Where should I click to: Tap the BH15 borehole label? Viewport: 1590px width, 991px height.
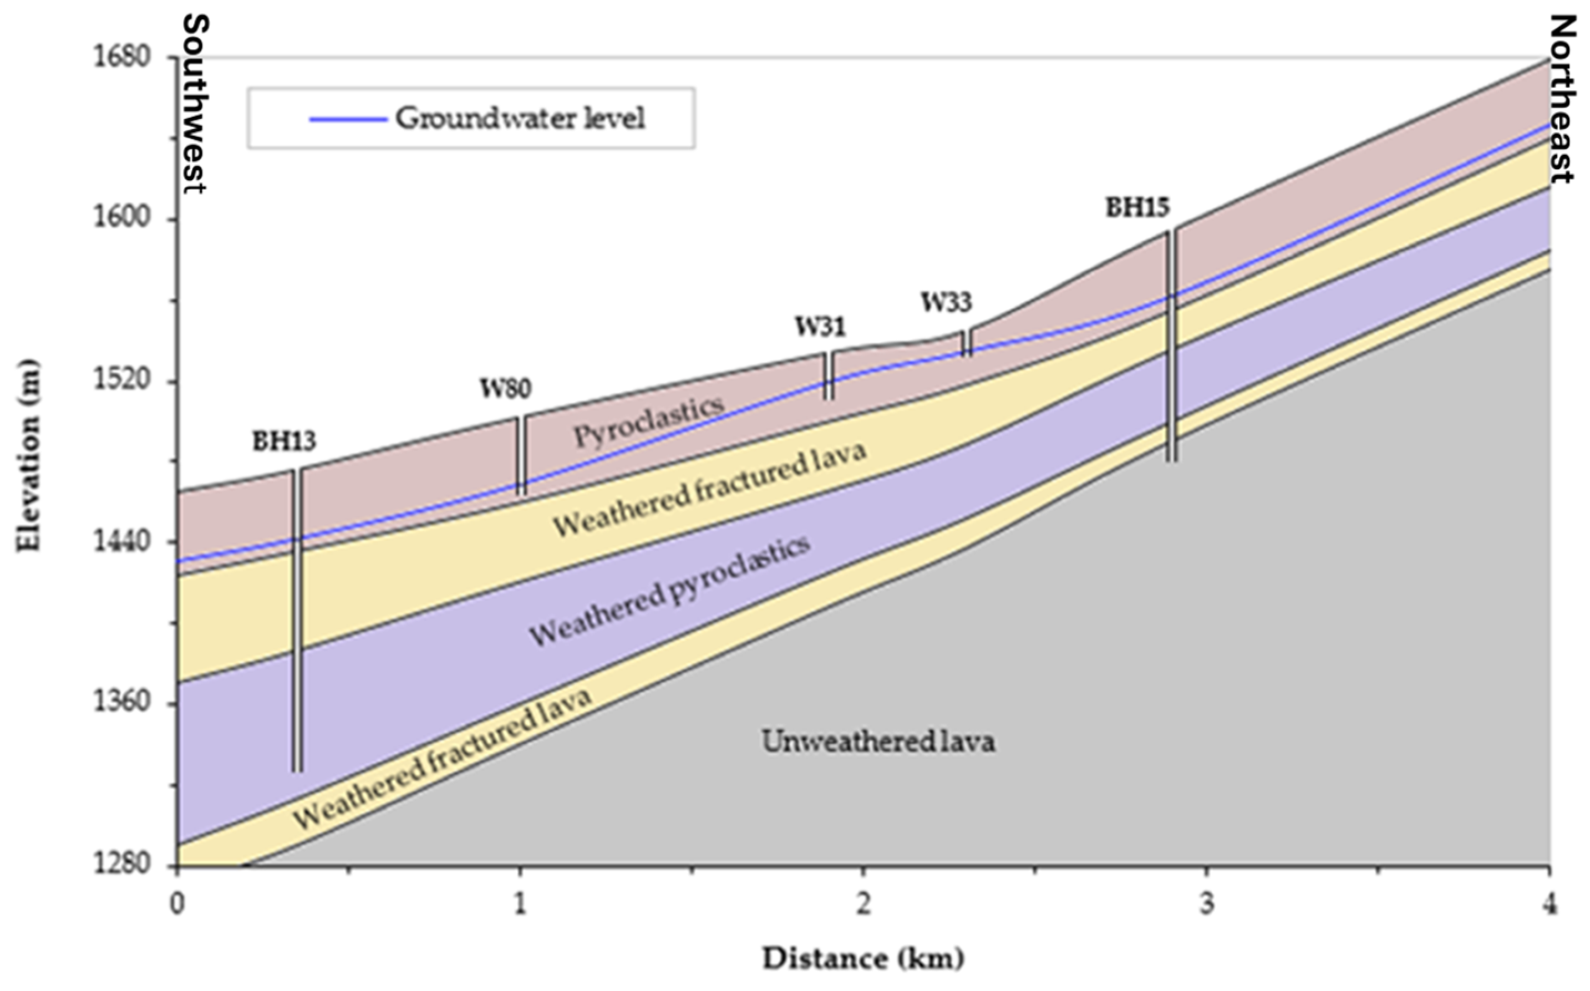[x=1137, y=208]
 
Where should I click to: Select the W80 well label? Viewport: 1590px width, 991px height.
[x=505, y=389]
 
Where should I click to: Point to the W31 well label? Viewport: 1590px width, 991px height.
[x=821, y=327]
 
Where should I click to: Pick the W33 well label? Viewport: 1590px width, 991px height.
[x=946, y=302]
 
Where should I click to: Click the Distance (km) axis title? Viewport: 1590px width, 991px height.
[x=862, y=959]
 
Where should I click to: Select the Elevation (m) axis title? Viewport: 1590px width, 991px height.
[x=28, y=455]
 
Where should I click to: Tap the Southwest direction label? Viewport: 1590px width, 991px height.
[x=195, y=105]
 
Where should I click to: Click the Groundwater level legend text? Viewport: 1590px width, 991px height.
[x=520, y=119]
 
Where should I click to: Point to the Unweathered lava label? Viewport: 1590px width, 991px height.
[x=878, y=742]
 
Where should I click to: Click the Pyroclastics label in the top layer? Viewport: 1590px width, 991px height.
[x=649, y=421]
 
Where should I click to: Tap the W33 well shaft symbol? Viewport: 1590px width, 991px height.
[x=967, y=343]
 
